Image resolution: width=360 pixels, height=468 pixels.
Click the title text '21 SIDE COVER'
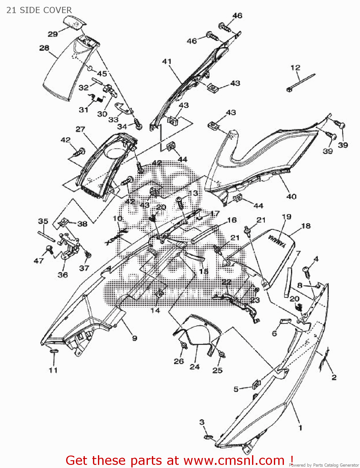[x=39, y=10]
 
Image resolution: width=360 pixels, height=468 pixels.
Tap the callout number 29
[x=53, y=34]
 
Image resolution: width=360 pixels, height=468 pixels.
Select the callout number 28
[x=44, y=48]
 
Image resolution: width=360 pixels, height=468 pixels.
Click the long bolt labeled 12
[x=301, y=82]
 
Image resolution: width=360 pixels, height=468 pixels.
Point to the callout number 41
[x=167, y=61]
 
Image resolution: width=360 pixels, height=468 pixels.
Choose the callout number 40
[x=291, y=197]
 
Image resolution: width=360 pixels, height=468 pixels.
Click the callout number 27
[x=80, y=129]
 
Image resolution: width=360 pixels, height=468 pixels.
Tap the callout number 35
[x=43, y=221]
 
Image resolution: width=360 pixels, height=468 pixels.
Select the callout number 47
[x=39, y=261]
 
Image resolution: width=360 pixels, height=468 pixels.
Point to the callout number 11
[x=53, y=370]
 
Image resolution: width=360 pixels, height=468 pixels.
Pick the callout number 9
[x=134, y=338]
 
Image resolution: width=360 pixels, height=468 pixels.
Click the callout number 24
[x=194, y=367]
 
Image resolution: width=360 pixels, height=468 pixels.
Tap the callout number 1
[x=300, y=427]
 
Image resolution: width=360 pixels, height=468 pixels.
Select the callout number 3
[x=202, y=422]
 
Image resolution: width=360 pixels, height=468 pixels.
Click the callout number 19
[x=286, y=217]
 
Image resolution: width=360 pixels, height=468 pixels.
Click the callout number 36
[x=63, y=275]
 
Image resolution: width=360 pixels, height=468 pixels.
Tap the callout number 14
[x=155, y=310]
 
